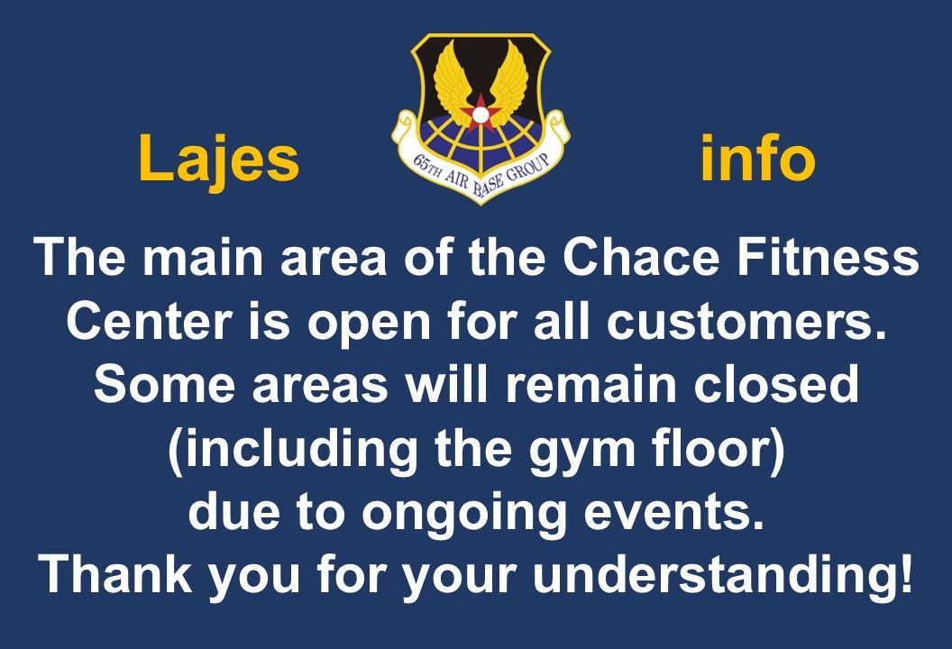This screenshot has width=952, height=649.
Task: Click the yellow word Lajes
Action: [x=218, y=159]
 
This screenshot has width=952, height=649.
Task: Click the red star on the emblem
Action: [x=481, y=113]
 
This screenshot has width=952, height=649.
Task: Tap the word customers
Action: [x=746, y=322]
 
